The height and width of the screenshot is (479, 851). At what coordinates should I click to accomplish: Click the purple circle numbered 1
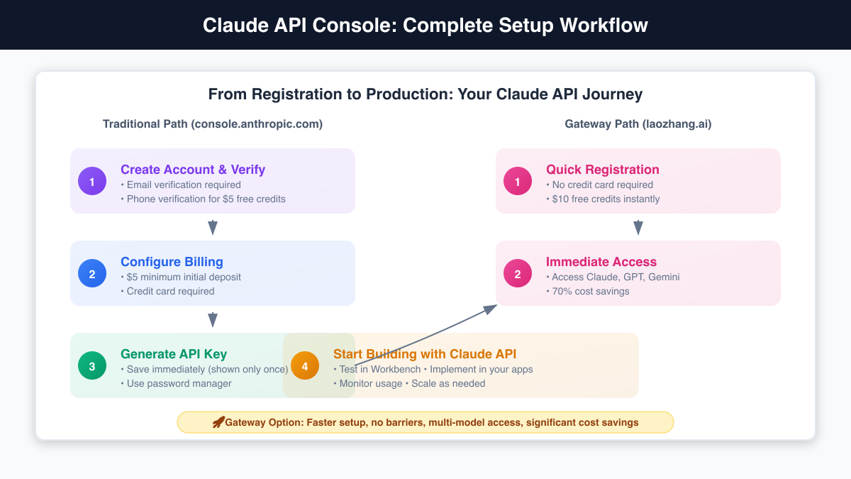tap(92, 181)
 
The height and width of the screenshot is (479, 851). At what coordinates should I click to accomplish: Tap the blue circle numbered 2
tap(92, 273)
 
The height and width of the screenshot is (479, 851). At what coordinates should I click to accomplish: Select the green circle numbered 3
tap(92, 365)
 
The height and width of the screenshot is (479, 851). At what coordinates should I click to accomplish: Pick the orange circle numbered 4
tap(305, 365)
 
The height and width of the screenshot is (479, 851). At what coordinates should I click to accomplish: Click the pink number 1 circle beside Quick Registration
tap(518, 181)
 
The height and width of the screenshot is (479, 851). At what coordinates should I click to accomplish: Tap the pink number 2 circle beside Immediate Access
tap(518, 273)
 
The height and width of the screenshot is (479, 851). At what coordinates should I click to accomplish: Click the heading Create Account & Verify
tap(193, 170)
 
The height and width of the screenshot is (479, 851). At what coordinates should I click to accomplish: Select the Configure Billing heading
tap(172, 262)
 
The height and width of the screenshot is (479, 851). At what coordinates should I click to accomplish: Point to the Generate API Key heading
tap(174, 354)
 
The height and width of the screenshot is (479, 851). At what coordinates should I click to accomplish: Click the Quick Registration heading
tap(603, 170)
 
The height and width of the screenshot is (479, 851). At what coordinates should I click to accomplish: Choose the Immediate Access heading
tap(601, 262)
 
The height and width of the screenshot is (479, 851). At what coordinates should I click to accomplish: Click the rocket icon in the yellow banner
tap(218, 422)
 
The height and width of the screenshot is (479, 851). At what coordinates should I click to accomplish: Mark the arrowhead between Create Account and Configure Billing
tap(212, 228)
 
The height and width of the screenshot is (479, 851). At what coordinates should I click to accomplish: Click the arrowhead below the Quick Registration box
tap(638, 228)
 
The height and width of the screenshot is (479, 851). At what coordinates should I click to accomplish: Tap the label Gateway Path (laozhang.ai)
tap(638, 124)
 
